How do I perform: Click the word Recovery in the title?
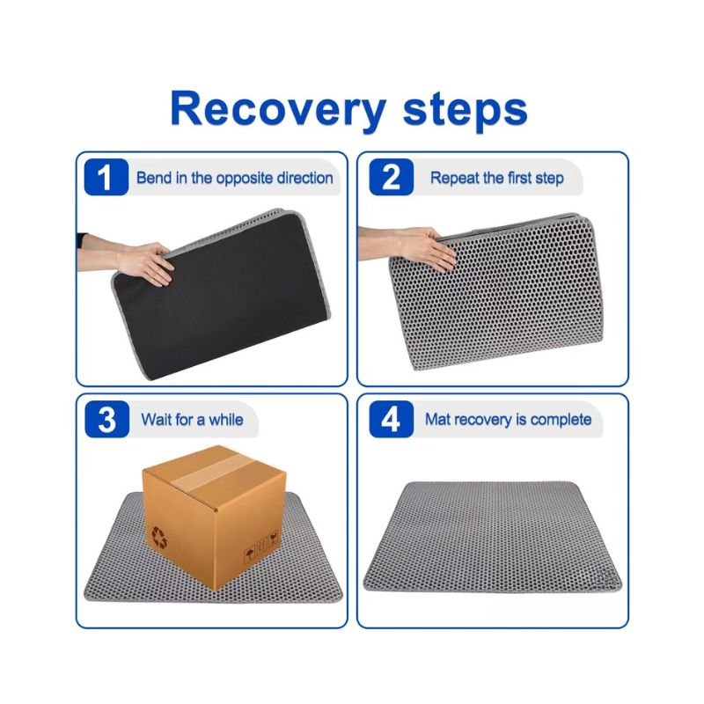278,109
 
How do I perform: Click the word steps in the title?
466,109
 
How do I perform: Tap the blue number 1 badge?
106,177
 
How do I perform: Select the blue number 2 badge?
391,177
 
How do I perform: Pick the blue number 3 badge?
106,420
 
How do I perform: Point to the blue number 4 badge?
391,420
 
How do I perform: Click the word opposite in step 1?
244,179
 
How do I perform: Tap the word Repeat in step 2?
454,178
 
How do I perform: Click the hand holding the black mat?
143,263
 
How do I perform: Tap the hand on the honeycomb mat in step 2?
428,249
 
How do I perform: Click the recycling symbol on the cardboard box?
159,538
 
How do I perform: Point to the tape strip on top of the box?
211,472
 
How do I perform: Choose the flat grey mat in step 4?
493,537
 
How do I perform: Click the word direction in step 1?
304,178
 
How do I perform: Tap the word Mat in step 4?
437,420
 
